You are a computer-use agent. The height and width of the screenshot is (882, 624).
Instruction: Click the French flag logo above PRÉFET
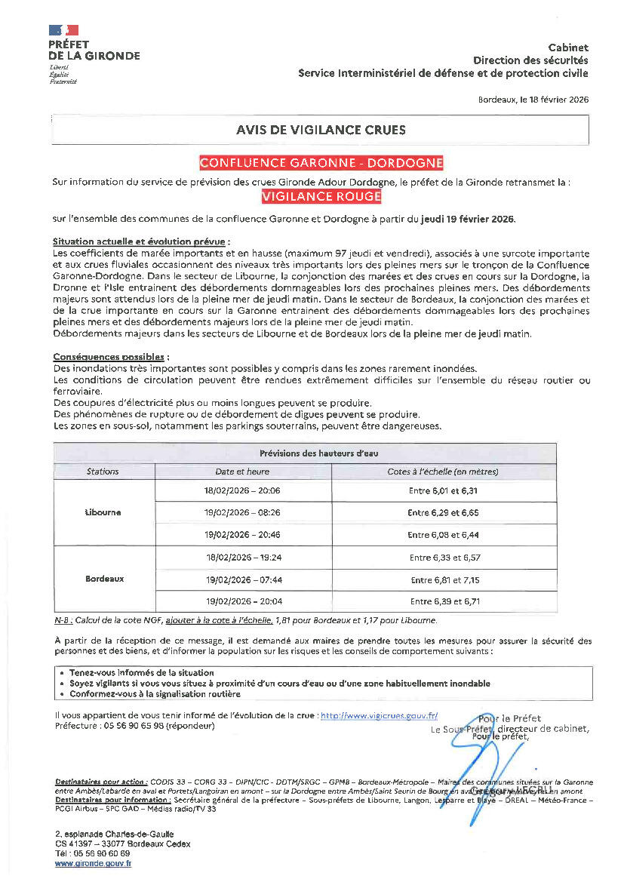pos(63,31)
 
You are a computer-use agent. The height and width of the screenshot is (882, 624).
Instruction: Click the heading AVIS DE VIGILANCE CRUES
pos(320,130)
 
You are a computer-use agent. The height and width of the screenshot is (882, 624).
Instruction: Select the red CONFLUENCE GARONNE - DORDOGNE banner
pos(321,162)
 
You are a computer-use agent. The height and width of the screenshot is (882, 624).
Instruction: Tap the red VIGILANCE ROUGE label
pos(321,196)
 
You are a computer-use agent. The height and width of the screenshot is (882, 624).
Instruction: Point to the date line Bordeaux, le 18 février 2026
pos(533,99)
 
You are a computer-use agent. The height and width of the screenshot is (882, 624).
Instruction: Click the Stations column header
pos(103,472)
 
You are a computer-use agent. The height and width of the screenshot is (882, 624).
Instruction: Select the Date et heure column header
pos(242,472)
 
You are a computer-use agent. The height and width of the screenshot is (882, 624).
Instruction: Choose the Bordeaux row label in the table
pos(104,579)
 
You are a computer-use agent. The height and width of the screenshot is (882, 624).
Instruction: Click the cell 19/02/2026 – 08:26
pos(242,512)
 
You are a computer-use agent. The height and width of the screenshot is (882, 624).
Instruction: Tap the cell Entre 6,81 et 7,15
pos(444,579)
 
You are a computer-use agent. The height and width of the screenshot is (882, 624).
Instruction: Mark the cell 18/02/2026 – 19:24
pos(242,558)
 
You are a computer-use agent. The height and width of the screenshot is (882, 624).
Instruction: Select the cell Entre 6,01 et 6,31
pos(444,490)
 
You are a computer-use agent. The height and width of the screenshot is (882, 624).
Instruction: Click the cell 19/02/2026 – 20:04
pos(242,601)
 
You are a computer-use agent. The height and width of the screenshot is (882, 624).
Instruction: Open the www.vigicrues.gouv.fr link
pos(379,715)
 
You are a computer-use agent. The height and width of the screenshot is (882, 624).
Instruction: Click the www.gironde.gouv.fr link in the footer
pos(93,862)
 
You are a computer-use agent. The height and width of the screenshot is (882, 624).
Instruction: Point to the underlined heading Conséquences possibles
pos(110,356)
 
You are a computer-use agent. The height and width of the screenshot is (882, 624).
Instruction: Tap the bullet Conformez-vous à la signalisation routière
pos(155,693)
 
